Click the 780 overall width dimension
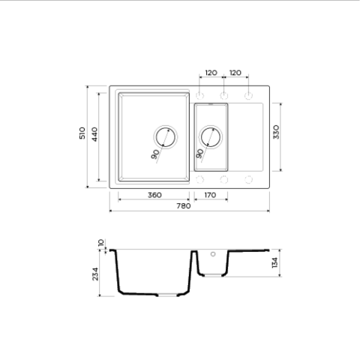(184, 206)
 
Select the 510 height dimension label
(82, 133)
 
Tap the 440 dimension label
(94, 134)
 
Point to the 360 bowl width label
(154, 195)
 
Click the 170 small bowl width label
(210, 195)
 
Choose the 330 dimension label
(276, 132)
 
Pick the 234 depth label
(95, 274)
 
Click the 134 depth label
(274, 262)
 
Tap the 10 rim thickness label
(101, 243)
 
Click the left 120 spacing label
(211, 73)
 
